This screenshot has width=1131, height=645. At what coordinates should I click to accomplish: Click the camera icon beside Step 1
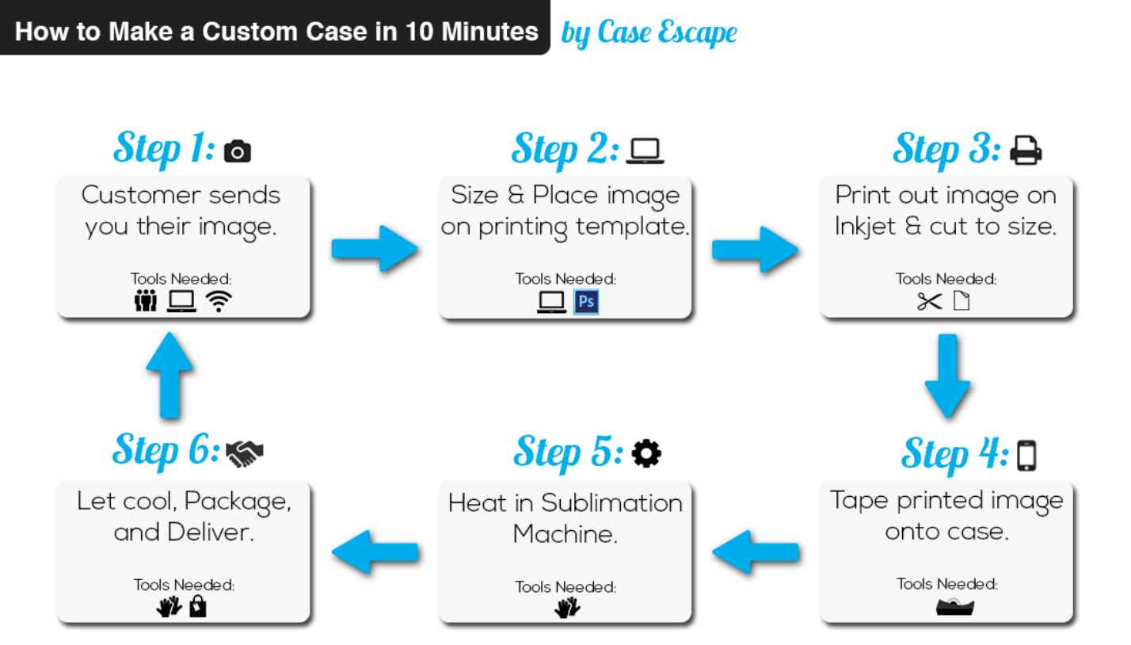(238, 151)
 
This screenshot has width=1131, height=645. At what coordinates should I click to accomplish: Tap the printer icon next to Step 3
(1026, 151)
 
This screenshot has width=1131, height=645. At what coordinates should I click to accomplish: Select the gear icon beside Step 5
(646, 453)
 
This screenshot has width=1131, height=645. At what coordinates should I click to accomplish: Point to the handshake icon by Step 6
(244, 452)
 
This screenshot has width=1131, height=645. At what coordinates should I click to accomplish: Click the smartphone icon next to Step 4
(1026, 455)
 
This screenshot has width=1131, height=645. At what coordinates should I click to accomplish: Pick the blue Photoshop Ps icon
(586, 301)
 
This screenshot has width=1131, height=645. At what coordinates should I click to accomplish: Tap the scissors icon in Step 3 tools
(930, 301)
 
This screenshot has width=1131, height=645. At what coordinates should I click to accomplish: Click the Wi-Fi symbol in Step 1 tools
(219, 301)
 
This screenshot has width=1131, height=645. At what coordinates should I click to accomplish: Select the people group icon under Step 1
(146, 301)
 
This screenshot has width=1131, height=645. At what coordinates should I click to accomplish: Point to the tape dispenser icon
(954, 607)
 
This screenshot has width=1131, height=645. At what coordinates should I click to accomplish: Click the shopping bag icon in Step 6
(197, 607)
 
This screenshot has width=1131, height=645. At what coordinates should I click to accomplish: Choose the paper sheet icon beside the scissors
(961, 301)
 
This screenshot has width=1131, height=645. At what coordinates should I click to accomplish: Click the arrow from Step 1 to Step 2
(373, 248)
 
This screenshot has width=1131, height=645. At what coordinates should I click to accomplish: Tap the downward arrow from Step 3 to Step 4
(946, 376)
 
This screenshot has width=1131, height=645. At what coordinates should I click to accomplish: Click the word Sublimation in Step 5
(611, 503)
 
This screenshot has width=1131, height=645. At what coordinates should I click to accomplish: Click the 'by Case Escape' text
(649, 32)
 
